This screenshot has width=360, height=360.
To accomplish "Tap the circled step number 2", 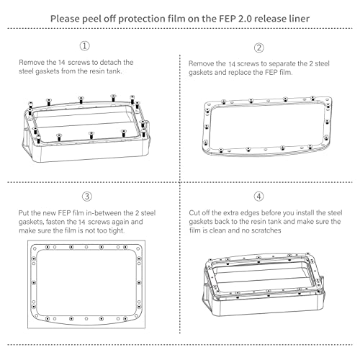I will (259, 48).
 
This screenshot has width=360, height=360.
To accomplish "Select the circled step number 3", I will (86, 196).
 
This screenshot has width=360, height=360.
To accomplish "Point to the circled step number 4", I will (259, 196).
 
